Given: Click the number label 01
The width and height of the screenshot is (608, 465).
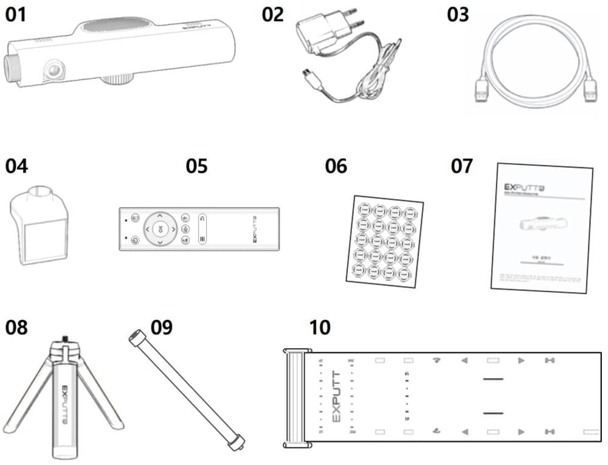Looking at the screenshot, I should pos(16,15).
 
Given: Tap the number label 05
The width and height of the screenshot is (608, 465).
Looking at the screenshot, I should pos(196,166).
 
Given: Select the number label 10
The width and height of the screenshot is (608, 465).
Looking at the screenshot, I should pos(320,327).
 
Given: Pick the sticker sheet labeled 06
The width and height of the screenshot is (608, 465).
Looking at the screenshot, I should pos(384,240).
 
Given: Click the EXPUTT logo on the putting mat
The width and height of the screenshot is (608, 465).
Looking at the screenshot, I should pos(337,396).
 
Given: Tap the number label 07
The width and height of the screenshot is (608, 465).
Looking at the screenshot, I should pos(461,166).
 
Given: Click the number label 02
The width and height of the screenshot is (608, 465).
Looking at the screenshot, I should pos(273,15).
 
